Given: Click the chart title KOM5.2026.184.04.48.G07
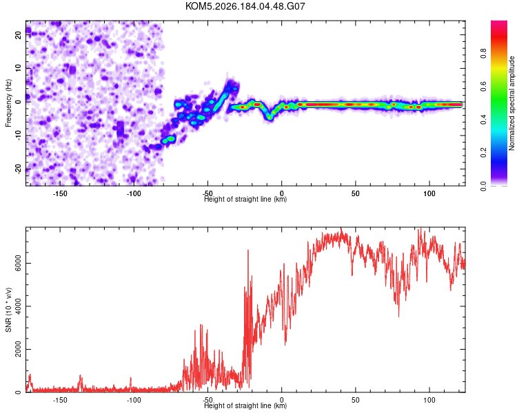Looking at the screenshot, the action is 245,6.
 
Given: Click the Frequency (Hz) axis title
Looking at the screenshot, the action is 8,103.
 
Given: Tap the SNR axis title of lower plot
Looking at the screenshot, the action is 8,310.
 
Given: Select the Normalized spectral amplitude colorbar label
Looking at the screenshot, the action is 511,103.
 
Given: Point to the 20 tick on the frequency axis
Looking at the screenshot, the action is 18,34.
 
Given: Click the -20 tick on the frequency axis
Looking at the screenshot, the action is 18,169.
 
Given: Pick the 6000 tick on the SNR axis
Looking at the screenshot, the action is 18,263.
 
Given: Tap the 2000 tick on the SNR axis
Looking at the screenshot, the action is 18,349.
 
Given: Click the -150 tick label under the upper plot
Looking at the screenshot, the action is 60,193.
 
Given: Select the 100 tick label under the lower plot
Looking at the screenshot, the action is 429,400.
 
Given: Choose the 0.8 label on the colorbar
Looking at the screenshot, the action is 483,54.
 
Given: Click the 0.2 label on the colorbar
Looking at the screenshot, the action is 483,153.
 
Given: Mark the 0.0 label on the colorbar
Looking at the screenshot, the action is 483,186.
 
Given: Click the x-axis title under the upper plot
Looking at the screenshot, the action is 245,199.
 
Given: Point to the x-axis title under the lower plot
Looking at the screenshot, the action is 245,405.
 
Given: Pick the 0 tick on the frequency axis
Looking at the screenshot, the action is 18,102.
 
